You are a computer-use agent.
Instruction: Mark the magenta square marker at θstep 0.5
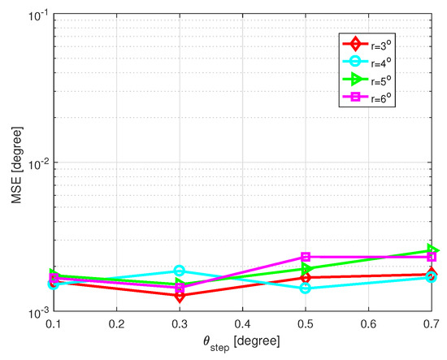click(305, 257)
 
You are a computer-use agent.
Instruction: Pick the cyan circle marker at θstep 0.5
click(305, 288)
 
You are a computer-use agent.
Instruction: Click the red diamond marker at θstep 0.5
click(305, 278)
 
